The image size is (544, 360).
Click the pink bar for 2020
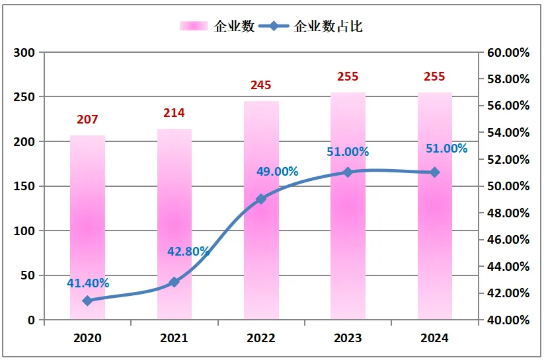click(x=87, y=228)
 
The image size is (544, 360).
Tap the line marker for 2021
click(x=175, y=282)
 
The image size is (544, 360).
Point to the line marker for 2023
click(x=348, y=172)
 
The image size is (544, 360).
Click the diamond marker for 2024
click(x=434, y=172)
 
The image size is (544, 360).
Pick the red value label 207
click(x=87, y=120)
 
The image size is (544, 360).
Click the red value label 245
click(x=261, y=85)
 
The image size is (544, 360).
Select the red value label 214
click(x=175, y=113)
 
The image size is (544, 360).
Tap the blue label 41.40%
click(x=88, y=283)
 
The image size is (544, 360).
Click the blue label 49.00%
click(x=278, y=171)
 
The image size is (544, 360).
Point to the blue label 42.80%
click(x=188, y=251)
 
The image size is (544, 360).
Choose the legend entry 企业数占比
click(x=329, y=26)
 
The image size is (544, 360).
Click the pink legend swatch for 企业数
click(x=194, y=26)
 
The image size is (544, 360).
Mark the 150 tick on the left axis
click(x=26, y=186)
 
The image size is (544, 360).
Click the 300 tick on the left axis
click(x=26, y=52)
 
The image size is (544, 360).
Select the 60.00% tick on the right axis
click(x=508, y=52)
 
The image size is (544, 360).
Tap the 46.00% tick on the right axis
click(x=508, y=240)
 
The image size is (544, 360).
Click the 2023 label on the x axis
click(x=348, y=338)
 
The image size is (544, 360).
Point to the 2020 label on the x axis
click(x=87, y=338)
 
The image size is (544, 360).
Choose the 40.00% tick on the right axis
click(x=508, y=320)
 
